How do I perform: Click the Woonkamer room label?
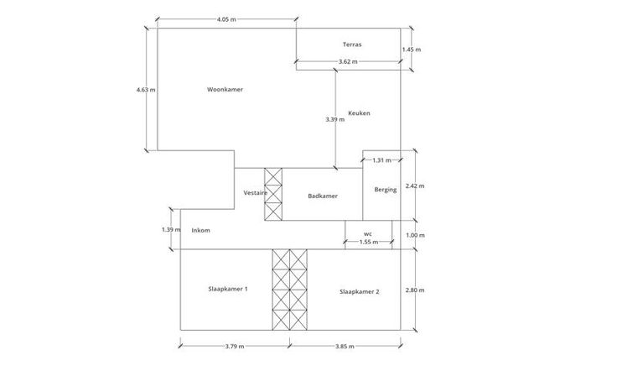[x=225, y=90]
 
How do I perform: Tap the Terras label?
[x=352, y=44]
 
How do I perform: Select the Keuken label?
[x=359, y=113]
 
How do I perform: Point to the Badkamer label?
[x=323, y=196]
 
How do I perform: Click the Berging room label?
[x=386, y=190]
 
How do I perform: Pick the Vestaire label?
[x=255, y=193]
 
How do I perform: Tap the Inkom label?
[x=200, y=230]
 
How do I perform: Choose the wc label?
[x=367, y=234]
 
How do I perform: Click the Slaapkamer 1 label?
[x=227, y=290]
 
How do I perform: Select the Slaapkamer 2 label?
[x=360, y=291]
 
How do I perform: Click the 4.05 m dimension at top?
[x=226, y=19]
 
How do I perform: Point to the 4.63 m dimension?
[x=146, y=90]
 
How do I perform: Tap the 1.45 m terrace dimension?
[x=412, y=50]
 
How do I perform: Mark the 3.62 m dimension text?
[x=348, y=62]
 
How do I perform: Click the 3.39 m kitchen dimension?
[x=335, y=119]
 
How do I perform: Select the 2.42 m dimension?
[x=415, y=185]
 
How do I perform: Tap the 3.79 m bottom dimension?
[x=236, y=346]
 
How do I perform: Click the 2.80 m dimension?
[x=415, y=290]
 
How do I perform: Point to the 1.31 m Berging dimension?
[x=382, y=160]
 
